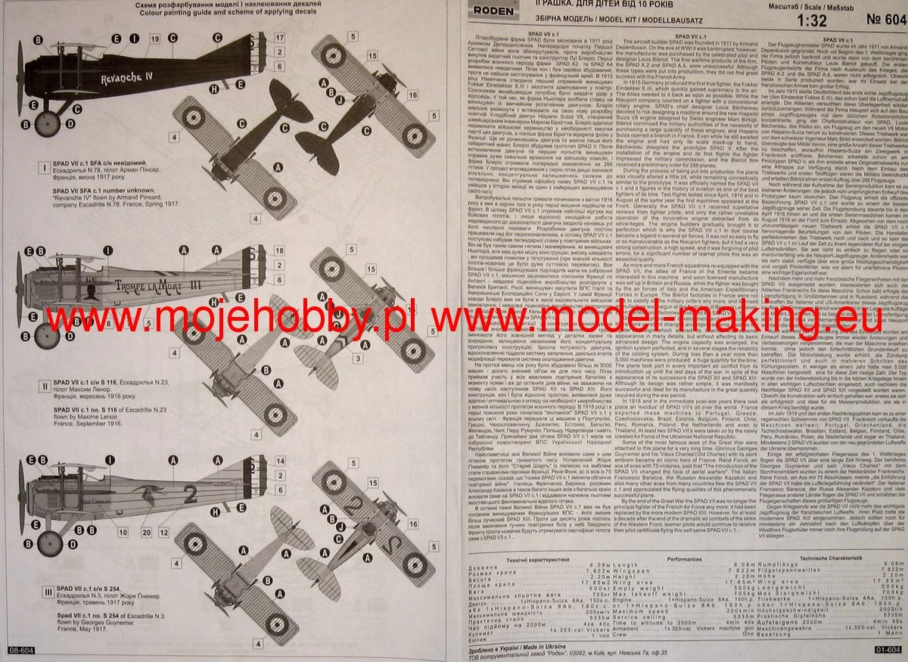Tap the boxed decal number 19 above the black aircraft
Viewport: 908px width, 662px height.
click(154, 38)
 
